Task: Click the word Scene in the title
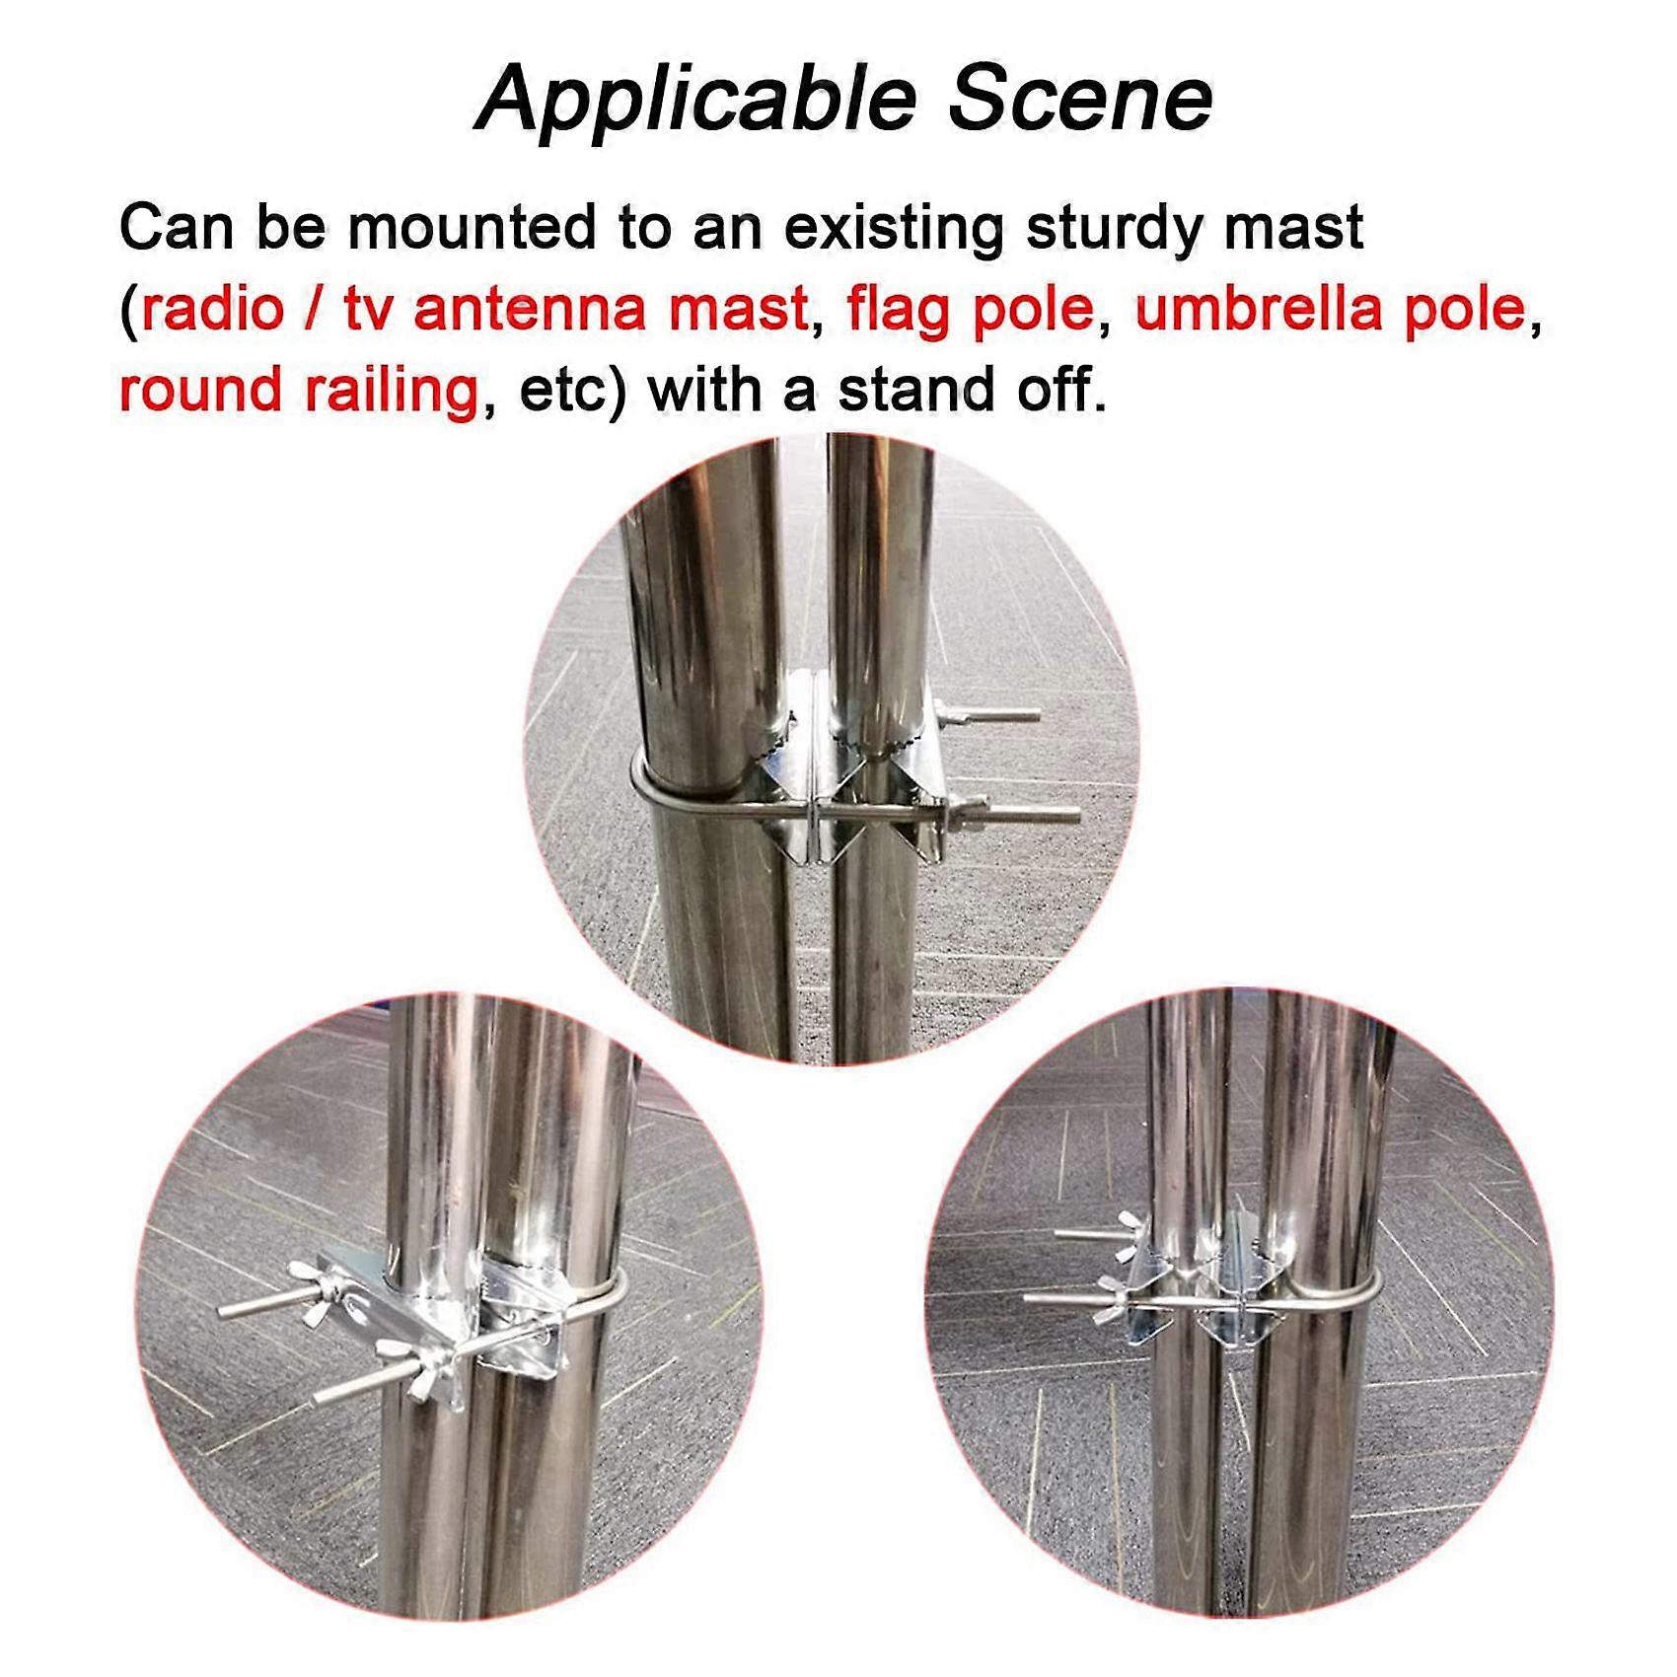pos(1079,100)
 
